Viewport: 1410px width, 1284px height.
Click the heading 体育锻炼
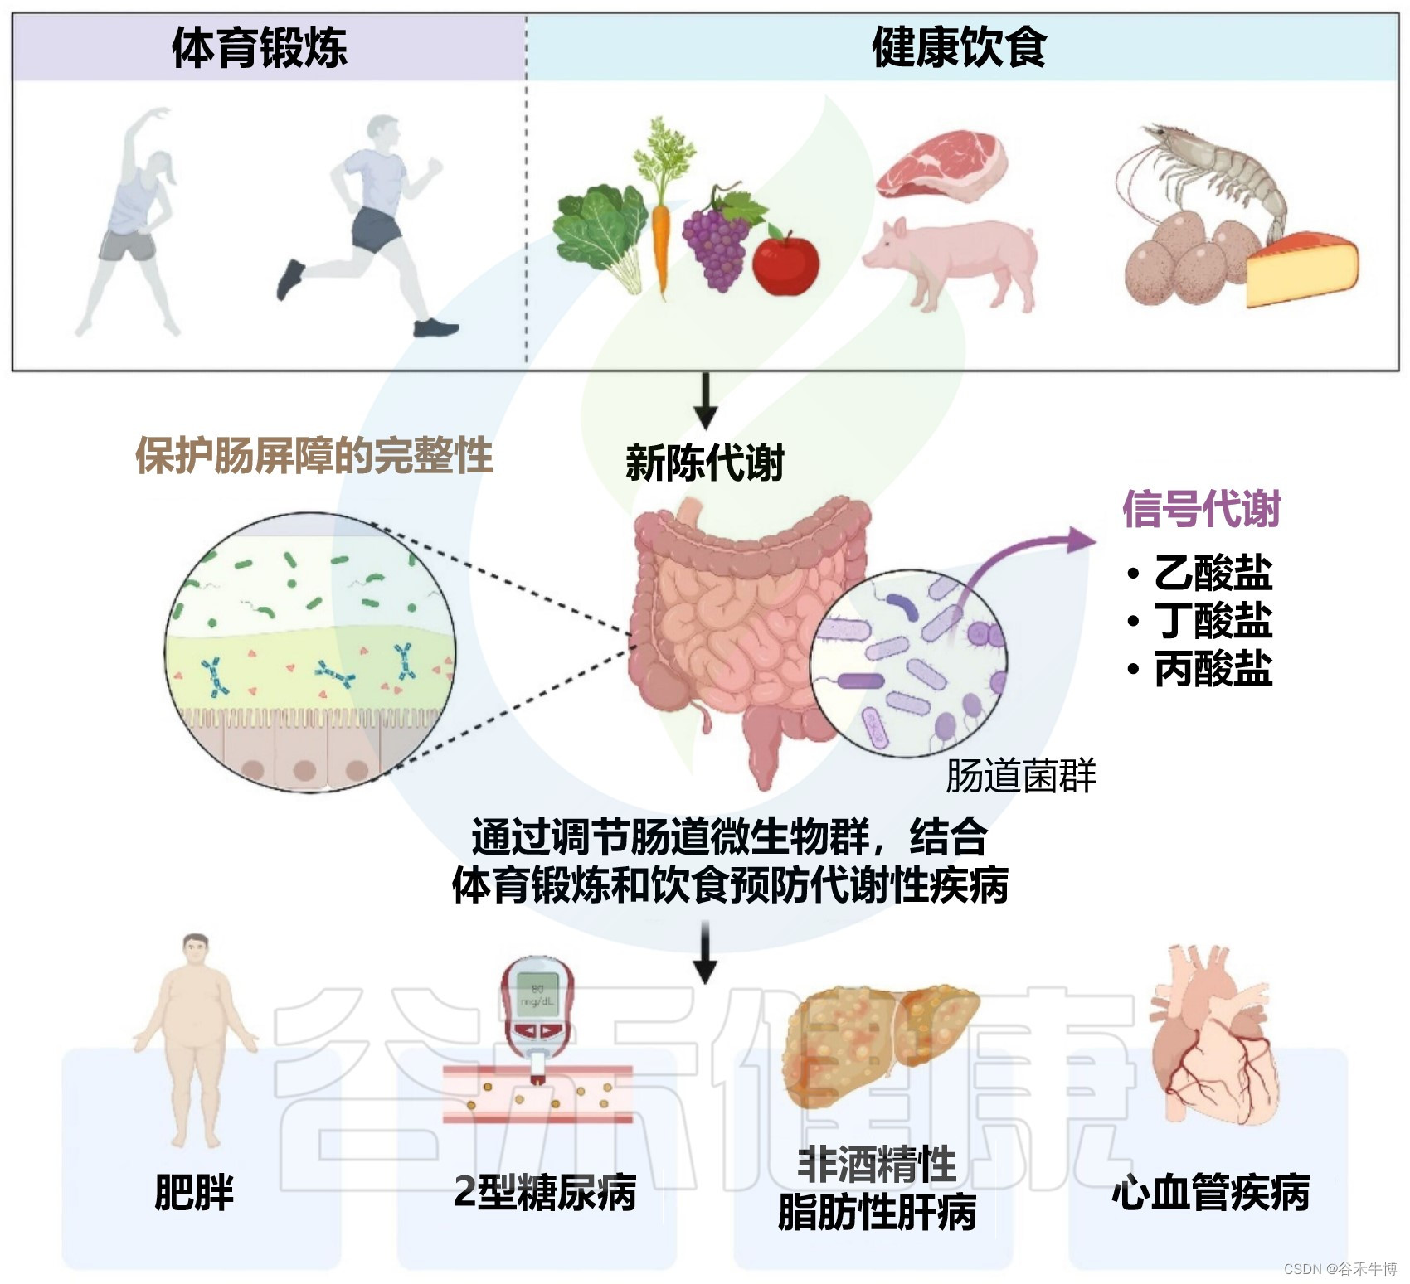tap(259, 47)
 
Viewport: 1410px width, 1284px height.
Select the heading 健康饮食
tap(959, 47)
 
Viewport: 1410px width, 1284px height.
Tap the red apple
tap(785, 262)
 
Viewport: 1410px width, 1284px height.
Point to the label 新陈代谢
tap(704, 463)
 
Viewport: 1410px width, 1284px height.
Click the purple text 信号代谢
tap(1201, 508)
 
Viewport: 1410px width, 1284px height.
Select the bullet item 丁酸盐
tap(1212, 620)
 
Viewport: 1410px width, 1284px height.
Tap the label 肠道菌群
tap(1020, 776)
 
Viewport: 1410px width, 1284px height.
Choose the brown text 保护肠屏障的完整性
tap(314, 455)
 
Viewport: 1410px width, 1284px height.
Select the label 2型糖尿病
tap(545, 1192)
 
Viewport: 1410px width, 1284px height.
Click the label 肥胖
tap(194, 1192)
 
